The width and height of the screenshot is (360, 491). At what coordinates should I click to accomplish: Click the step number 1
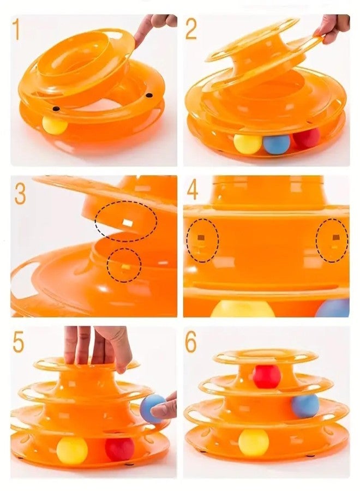(x=16, y=29)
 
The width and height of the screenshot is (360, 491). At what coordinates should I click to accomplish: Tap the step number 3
(x=20, y=194)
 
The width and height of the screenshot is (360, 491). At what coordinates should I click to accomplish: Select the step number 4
(x=192, y=190)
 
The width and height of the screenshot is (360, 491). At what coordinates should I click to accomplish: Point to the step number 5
(x=19, y=342)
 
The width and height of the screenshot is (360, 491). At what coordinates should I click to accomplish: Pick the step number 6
(x=191, y=342)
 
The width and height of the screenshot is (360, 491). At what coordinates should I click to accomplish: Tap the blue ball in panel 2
(x=277, y=143)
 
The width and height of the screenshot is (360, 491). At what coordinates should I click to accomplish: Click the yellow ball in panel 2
(x=248, y=143)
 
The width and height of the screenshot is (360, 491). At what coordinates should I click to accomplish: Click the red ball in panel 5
(x=119, y=449)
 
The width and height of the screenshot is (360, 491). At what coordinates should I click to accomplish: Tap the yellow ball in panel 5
(x=72, y=450)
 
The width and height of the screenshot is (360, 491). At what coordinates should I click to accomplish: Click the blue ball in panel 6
(x=305, y=406)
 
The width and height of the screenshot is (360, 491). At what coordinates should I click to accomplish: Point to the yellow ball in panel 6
(x=254, y=442)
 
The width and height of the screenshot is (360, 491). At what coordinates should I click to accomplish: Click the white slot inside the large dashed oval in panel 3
(x=128, y=223)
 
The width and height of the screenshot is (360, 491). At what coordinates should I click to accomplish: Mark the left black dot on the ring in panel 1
(x=56, y=109)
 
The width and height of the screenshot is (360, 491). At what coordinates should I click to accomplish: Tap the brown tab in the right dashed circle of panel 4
(x=336, y=237)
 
